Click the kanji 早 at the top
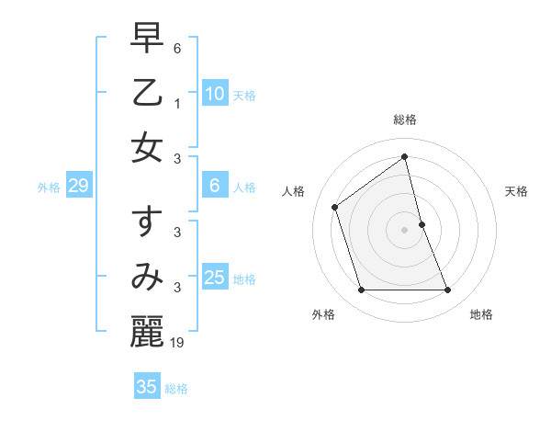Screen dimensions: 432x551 (148, 39)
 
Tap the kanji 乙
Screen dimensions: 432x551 (148, 93)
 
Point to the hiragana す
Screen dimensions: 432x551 (148, 223)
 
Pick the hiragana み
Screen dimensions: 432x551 (148, 277)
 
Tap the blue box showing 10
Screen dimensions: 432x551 (214, 94)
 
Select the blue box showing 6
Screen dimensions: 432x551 (214, 186)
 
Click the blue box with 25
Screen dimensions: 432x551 (214, 278)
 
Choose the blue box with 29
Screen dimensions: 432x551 (78, 187)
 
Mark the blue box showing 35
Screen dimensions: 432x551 (147, 387)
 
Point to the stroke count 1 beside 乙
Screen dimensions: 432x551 (176, 104)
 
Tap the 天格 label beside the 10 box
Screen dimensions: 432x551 (244, 96)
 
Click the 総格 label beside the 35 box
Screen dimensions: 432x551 (176, 389)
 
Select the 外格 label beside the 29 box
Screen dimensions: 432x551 (49, 188)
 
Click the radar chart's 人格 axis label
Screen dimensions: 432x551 (294, 191)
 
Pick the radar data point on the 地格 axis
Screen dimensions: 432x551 (447, 290)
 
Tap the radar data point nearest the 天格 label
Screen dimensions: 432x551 (422, 224)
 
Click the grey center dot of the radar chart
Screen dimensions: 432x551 (404, 230)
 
